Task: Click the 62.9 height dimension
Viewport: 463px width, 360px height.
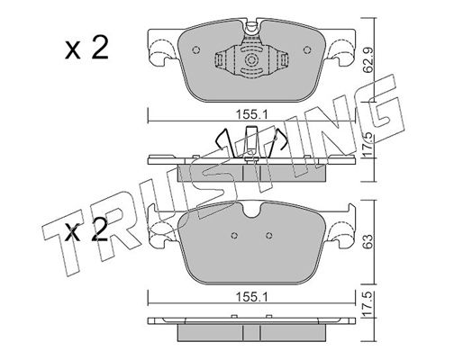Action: coord(368,61)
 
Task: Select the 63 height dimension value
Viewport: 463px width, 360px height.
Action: coord(368,241)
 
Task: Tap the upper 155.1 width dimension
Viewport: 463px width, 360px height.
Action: coord(251,114)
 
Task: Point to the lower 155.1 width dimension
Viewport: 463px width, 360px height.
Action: coord(251,298)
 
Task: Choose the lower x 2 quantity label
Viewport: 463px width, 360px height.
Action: coord(86,230)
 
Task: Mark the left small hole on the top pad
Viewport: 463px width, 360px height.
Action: coord(195,50)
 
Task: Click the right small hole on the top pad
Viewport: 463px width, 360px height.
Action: coord(307,50)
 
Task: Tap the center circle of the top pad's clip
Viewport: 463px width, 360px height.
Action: coord(251,60)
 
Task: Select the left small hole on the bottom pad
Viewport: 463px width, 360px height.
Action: coord(234,236)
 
